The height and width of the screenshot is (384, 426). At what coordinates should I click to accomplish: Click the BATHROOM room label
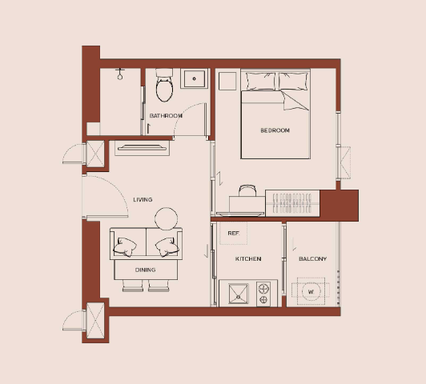166,116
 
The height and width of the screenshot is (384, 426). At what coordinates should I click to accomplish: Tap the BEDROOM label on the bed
275,130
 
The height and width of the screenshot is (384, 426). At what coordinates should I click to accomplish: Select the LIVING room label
143,200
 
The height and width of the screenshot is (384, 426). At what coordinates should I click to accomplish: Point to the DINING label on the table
146,270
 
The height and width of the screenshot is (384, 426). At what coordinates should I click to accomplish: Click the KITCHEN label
248,259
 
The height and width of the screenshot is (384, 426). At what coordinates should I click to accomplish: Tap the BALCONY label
313,259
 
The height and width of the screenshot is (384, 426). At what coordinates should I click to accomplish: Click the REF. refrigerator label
234,234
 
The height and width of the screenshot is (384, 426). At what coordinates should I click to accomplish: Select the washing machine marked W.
311,291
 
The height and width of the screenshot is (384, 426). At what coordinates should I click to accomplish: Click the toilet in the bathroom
164,86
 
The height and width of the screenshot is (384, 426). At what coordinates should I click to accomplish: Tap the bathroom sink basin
195,78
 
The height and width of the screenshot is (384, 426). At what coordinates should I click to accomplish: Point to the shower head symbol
120,74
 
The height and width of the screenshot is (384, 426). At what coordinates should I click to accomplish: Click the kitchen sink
239,294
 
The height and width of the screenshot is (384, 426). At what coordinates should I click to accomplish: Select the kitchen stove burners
263,294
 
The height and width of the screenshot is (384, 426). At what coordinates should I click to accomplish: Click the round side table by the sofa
167,218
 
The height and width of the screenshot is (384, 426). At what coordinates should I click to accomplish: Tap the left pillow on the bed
261,81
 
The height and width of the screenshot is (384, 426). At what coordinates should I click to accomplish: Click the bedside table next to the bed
227,81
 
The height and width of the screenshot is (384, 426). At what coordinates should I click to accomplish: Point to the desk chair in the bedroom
247,190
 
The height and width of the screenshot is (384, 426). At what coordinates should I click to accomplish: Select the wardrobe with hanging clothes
292,203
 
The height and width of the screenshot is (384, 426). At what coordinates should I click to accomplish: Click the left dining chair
133,286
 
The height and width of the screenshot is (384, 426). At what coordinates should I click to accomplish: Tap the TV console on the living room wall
142,148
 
